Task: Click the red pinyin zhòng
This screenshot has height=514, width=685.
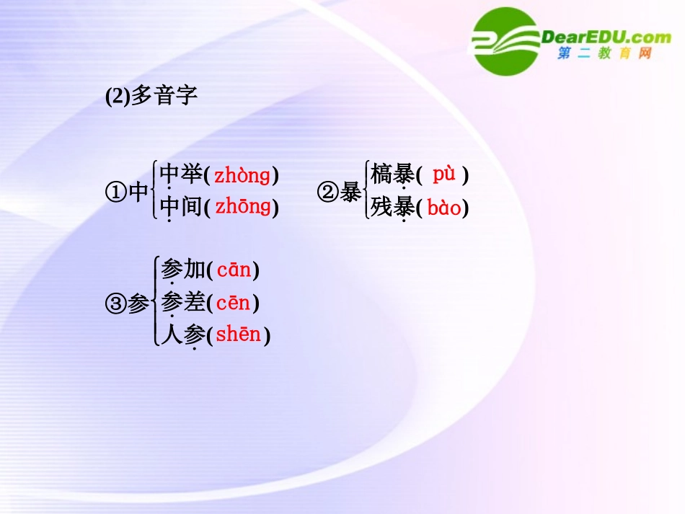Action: (242, 175)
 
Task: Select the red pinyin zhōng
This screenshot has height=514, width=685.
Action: (242, 208)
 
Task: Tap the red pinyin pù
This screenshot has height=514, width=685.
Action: (444, 174)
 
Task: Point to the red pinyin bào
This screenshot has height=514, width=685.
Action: (443, 208)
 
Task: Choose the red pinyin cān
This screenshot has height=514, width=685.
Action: (234, 270)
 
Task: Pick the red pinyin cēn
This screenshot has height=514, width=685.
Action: (234, 303)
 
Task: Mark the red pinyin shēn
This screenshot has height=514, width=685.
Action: (238, 335)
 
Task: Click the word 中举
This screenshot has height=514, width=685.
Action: (180, 174)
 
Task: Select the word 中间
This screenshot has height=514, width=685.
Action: (180, 208)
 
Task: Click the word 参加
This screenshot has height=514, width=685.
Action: (183, 270)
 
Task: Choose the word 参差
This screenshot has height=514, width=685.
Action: (183, 303)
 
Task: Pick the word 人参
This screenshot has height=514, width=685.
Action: (183, 335)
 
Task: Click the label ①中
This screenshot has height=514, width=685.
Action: (127, 192)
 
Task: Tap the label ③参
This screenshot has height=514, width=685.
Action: (127, 303)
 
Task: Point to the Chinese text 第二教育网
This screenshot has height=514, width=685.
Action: (604, 54)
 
